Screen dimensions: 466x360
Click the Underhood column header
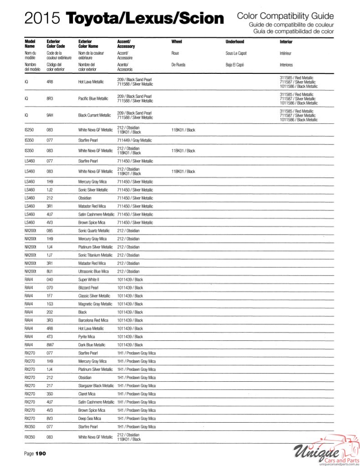coord(235,42)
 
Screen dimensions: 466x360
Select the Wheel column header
coord(176,42)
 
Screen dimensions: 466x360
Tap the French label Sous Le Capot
coord(236,53)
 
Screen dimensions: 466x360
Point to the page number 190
coord(41,453)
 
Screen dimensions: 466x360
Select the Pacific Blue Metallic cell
coord(93,98)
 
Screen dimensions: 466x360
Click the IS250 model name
coord(29,130)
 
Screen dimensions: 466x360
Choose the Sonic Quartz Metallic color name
coord(94,230)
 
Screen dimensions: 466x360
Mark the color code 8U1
coord(50,271)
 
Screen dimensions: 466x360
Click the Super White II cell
coord(88,279)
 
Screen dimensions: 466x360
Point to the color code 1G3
coord(50,304)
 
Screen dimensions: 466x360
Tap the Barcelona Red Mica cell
coord(93,320)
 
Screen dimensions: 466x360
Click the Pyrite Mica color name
coord(87,337)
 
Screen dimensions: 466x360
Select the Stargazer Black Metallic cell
coord(96,385)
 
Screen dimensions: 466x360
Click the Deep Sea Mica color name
coord(89,418)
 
